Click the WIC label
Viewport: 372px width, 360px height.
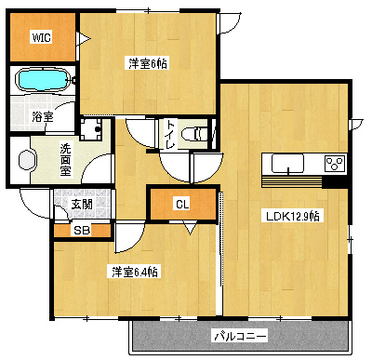(x=42, y=38)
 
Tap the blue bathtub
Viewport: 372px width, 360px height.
(x=42, y=81)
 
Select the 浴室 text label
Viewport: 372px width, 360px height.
(x=43, y=117)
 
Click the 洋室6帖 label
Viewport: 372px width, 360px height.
(x=146, y=64)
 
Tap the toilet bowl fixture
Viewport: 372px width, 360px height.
(x=197, y=134)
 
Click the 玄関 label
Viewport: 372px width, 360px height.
(x=81, y=203)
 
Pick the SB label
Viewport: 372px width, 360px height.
(x=81, y=230)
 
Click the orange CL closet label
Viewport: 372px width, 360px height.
(x=182, y=205)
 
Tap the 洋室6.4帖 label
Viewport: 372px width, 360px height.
(x=135, y=272)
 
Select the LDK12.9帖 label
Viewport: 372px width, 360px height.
(x=292, y=216)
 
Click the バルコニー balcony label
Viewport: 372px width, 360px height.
(x=241, y=335)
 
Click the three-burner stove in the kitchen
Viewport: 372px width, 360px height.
(x=333, y=164)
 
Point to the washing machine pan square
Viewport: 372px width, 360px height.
(x=93, y=131)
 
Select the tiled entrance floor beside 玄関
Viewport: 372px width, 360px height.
(x=100, y=201)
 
